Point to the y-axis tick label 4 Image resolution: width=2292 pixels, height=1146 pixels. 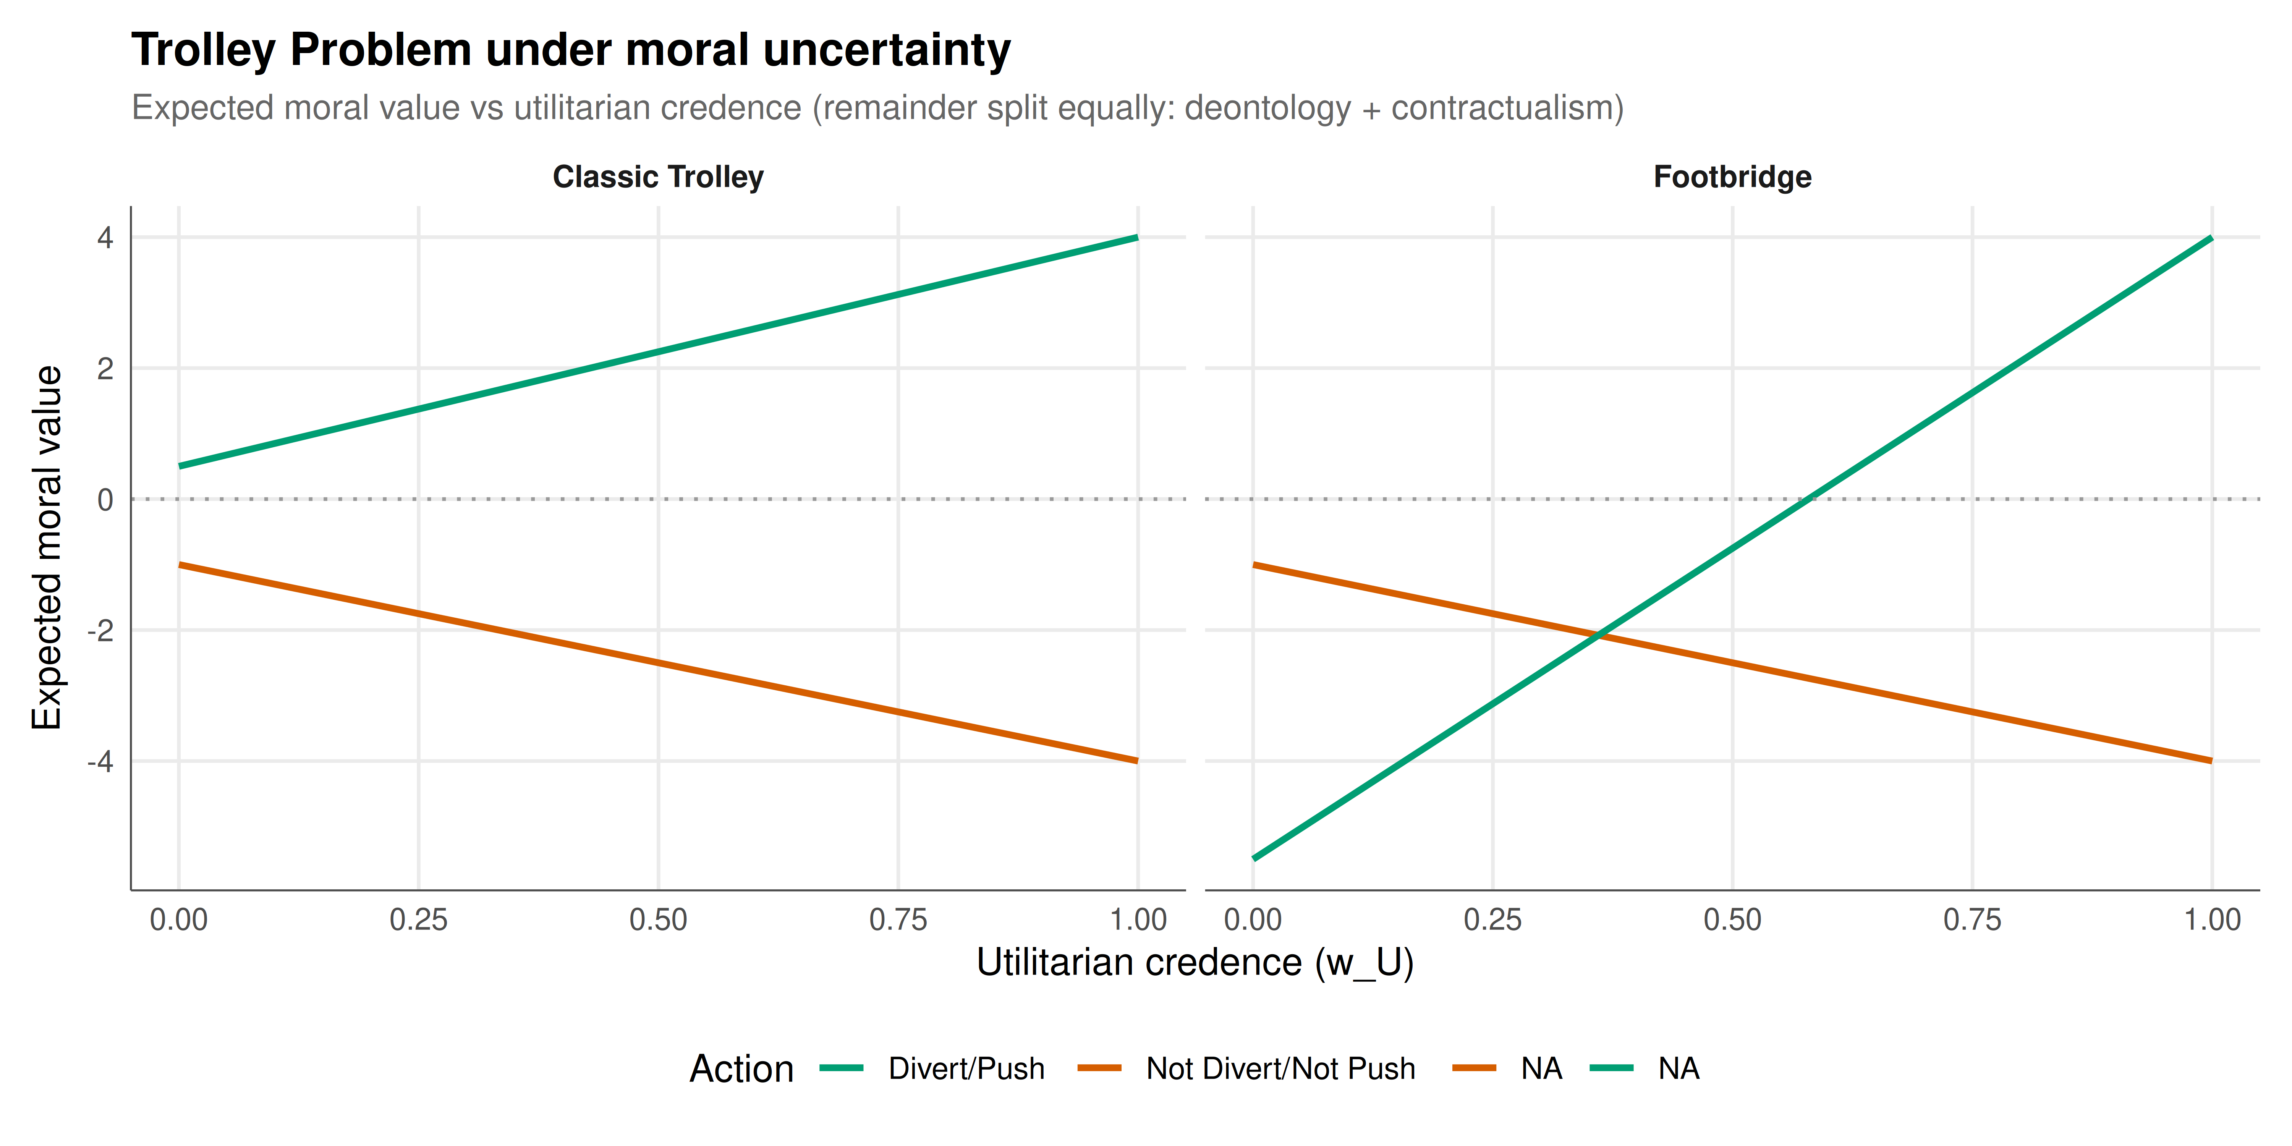coord(106,238)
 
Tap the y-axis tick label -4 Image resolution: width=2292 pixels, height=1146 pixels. coord(100,762)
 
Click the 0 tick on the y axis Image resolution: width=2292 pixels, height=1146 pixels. coord(106,500)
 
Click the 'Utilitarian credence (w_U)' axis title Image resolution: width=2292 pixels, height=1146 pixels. coord(1195,963)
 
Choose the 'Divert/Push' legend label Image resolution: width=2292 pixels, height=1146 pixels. coord(966,1068)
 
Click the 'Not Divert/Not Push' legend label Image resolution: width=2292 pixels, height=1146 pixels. coord(1280,1068)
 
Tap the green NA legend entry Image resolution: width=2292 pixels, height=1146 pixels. coord(1645,1068)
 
